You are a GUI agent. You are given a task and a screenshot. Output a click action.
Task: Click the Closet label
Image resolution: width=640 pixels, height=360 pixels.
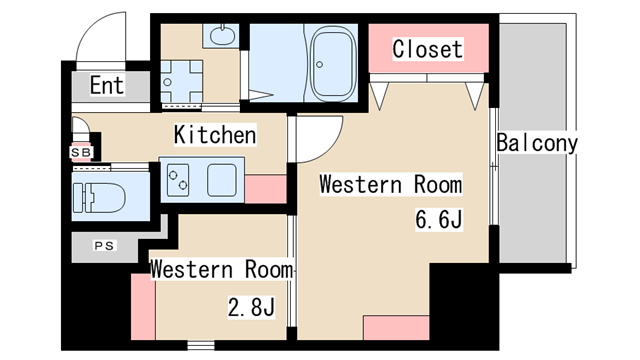click(427, 49)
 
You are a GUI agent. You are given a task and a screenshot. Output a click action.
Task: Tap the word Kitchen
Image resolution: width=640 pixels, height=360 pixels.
click(215, 135)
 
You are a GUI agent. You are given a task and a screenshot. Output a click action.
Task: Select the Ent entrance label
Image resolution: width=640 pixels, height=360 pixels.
click(107, 85)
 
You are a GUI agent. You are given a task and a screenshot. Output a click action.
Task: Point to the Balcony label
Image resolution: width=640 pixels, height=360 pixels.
click(537, 143)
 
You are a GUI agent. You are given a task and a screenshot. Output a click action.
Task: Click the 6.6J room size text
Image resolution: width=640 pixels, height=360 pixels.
click(439, 219)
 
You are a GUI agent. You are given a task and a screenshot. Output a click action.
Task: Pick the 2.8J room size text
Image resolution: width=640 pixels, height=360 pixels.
click(251, 307)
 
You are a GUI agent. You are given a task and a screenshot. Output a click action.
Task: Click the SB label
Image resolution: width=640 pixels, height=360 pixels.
click(81, 153)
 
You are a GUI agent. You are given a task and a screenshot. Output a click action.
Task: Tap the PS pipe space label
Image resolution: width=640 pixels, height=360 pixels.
click(104, 246)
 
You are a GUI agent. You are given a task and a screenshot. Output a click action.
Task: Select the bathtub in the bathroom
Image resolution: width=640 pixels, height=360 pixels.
click(333, 64)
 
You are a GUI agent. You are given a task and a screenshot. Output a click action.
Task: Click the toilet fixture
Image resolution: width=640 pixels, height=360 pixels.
click(99, 198)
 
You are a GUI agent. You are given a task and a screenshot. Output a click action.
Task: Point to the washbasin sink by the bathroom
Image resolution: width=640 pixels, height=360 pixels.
click(222, 36)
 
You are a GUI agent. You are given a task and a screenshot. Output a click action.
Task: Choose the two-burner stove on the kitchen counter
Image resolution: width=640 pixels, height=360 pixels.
click(178, 180)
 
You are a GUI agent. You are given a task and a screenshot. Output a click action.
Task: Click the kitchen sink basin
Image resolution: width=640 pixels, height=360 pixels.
click(222, 180)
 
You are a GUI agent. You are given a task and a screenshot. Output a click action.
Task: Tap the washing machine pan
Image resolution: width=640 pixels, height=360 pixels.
click(181, 82)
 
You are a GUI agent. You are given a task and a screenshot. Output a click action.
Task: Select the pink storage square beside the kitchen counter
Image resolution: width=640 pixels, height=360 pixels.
click(265, 189)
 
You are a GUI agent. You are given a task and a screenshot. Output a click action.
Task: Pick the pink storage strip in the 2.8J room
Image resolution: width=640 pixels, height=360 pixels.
click(143, 307)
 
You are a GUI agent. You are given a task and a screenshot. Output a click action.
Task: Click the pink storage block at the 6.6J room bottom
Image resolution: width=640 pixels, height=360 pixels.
click(396, 327)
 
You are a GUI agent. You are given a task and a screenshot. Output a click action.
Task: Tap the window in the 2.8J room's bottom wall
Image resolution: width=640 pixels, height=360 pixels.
click(201, 345)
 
